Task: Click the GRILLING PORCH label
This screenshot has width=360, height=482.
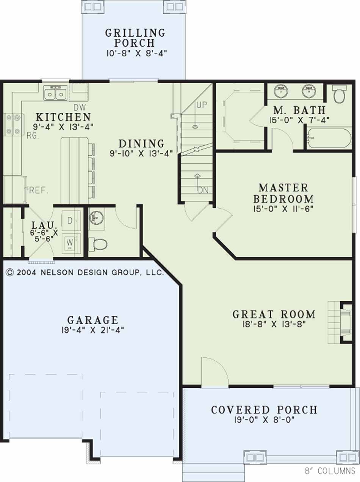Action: [135, 38]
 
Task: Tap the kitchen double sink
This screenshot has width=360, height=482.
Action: [56, 93]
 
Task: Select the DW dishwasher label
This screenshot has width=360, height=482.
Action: [80, 107]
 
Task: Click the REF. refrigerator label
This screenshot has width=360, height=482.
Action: [38, 190]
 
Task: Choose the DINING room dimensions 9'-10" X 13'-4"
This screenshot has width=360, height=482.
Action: [141, 153]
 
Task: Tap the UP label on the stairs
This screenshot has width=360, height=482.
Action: [202, 105]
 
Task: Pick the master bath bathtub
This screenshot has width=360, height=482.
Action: [329, 139]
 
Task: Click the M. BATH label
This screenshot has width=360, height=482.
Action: [299, 110]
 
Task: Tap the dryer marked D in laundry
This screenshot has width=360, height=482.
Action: [71, 221]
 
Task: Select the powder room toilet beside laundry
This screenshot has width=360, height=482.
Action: [98, 244]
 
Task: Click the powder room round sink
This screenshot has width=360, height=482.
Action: [97, 218]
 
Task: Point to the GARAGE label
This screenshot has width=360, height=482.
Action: [93, 320]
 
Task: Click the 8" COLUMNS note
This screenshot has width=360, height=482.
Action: [330, 471]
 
